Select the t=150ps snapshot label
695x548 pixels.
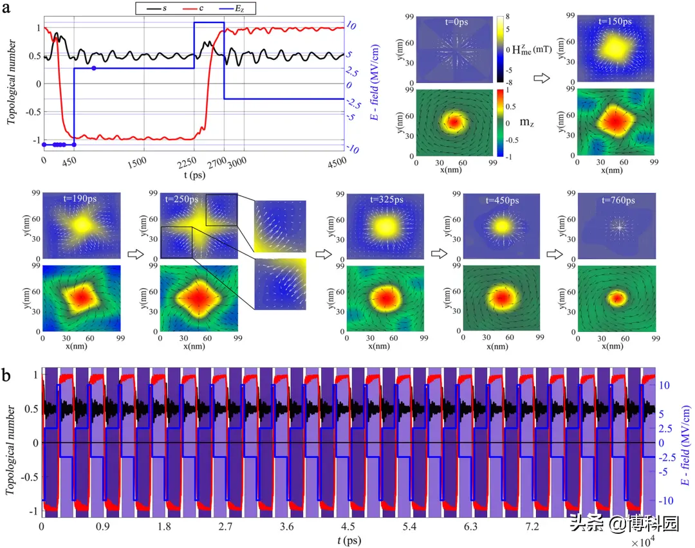pos(615,21)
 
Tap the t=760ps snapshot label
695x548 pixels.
pos(616,200)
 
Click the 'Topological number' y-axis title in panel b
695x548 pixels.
pos(12,444)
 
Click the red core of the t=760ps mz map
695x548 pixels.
pos(617,298)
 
